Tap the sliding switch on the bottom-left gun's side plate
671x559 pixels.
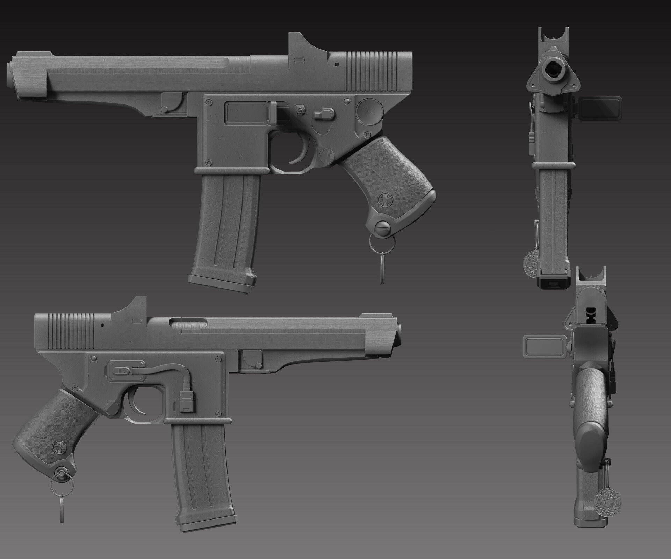[120, 370]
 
